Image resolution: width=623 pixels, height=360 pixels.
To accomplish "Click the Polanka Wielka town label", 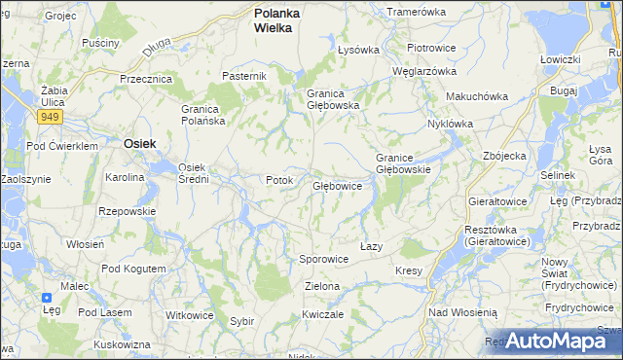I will click(277, 20).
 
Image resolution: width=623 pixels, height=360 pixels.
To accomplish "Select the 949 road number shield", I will click(51, 117).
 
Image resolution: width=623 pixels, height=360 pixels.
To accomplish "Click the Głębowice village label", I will click(337, 185).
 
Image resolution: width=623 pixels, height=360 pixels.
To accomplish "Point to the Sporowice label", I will click(323, 260).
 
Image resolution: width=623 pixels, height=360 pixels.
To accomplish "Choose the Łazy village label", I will click(371, 246).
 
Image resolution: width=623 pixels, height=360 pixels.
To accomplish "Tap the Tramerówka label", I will click(416, 12).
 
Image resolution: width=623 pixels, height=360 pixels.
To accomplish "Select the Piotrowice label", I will click(432, 48).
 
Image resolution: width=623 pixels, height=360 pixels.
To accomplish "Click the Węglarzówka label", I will click(423, 71).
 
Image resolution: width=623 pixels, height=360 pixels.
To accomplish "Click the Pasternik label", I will click(243, 76).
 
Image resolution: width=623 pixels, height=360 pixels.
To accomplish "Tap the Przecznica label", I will click(145, 79).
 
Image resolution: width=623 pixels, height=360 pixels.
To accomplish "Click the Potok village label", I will click(279, 180).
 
